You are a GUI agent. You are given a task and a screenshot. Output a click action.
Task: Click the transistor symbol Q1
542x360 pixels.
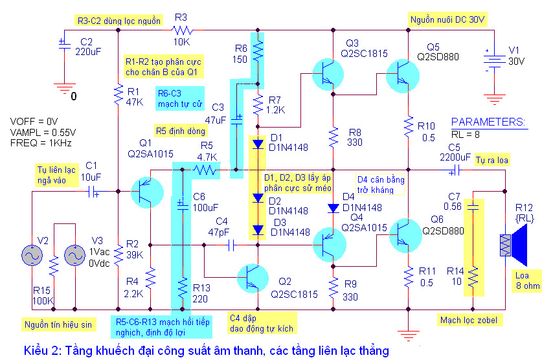(x=147, y=192)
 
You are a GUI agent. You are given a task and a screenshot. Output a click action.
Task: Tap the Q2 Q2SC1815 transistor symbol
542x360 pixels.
(x=253, y=278)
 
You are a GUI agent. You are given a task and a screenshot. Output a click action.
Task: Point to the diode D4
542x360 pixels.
(x=333, y=208)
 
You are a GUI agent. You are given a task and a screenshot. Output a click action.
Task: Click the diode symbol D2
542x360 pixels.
(x=258, y=198)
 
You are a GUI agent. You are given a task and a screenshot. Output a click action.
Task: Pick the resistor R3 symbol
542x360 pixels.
(x=182, y=30)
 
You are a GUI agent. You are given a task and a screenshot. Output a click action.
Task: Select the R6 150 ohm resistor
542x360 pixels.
(x=258, y=51)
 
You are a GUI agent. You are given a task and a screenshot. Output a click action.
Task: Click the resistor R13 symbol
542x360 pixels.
(x=183, y=287)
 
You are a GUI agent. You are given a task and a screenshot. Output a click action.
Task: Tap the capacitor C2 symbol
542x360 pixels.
(x=64, y=44)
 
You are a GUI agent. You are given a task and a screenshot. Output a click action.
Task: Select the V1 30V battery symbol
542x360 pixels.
(x=494, y=60)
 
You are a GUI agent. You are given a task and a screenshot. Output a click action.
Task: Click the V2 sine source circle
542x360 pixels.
(x=32, y=255)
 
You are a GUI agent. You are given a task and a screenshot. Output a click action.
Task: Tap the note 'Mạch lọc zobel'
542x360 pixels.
(x=468, y=321)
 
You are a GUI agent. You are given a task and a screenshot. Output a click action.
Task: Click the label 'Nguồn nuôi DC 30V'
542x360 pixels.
(x=447, y=19)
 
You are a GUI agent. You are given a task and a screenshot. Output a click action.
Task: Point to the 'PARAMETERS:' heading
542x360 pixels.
(x=488, y=122)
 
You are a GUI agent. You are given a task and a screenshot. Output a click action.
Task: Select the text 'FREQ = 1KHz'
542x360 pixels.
(x=41, y=143)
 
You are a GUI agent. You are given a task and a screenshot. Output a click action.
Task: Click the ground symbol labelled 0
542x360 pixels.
(x=64, y=89)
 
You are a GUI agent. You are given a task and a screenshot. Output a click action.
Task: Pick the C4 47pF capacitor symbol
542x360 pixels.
(x=231, y=245)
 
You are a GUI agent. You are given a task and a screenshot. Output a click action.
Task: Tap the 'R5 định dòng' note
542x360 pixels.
(x=181, y=131)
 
